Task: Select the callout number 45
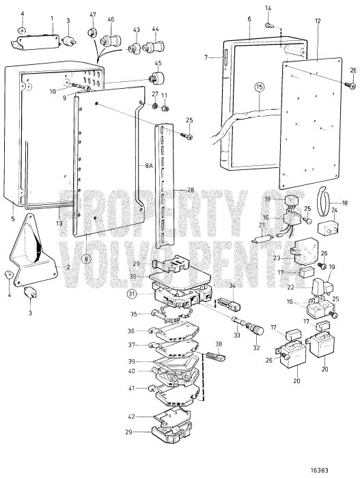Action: click(x=158, y=64)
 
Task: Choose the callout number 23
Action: click(x=277, y=259)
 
